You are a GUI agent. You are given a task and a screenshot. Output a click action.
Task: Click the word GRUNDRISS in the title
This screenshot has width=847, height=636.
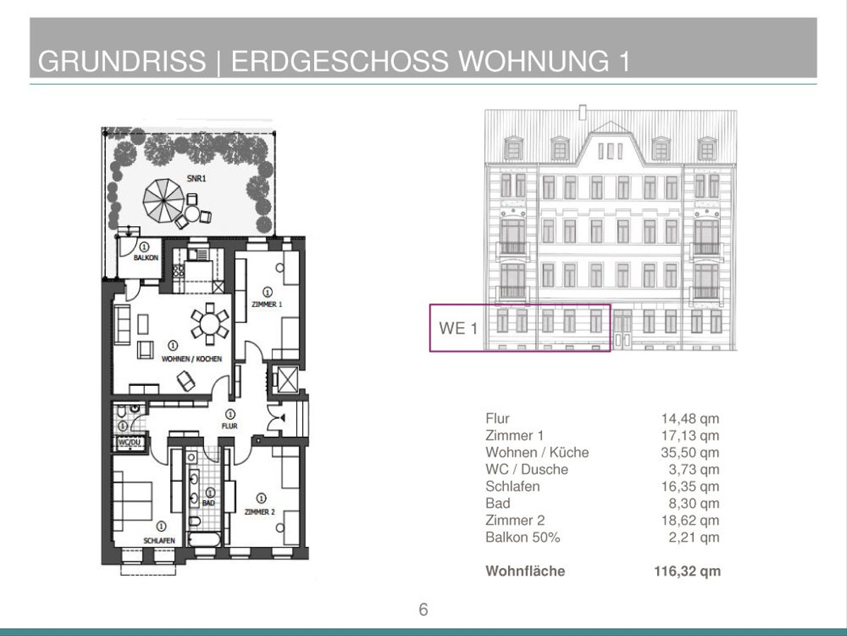pos(122,61)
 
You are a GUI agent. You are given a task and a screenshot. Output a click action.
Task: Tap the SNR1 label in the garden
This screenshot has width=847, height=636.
pos(196,178)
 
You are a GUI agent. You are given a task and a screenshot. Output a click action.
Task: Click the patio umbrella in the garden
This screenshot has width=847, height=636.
pos(164,201)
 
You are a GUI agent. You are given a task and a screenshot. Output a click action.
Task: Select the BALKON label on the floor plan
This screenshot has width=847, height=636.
pos(146,257)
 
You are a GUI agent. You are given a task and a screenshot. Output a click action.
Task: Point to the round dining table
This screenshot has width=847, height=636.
pos(210,324)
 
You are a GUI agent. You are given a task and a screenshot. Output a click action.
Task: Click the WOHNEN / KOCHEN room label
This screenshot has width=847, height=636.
pos(192,359)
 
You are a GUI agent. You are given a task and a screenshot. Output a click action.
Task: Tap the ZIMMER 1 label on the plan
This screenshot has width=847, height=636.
pos(267,305)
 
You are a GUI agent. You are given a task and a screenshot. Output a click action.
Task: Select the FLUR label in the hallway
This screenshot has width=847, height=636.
pos(229,426)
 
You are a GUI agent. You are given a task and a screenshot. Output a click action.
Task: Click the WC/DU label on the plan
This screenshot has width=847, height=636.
pos(129,442)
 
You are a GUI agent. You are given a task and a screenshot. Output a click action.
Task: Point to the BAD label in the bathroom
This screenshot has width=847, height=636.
pos(208,502)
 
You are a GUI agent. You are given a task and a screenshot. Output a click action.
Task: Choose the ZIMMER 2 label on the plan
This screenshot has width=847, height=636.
pos(260,512)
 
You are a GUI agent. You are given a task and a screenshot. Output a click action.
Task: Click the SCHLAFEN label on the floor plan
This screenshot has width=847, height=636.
pos(159,541)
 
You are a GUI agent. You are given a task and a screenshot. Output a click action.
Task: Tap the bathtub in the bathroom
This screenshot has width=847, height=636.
pos(204,539)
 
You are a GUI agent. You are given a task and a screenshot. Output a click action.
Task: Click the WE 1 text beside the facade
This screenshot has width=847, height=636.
pos(458,329)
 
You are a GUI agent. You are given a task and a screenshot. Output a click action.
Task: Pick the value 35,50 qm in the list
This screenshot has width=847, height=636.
pos(690,452)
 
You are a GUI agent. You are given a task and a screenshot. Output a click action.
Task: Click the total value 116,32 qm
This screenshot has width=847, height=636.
pos(687,571)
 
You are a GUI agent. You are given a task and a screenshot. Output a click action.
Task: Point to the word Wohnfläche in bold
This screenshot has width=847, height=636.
pos(525,571)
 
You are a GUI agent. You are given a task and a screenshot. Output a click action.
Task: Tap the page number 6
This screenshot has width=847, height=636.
pos(423,610)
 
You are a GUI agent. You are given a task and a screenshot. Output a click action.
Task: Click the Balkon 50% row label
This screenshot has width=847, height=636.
pos(523,537)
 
